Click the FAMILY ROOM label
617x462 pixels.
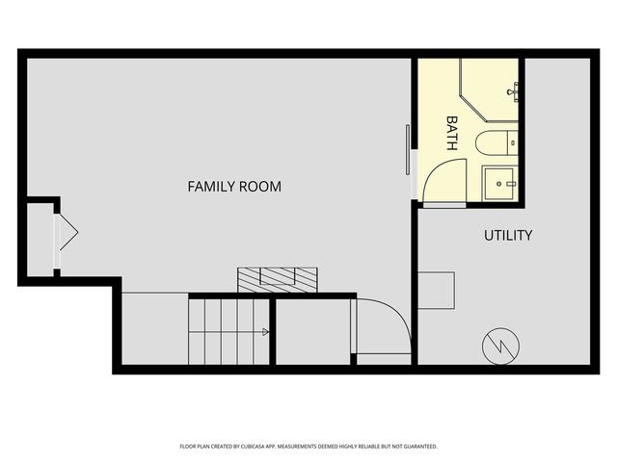pos(234,186)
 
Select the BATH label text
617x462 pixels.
pos(450,133)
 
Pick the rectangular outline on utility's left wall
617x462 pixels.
pos(436,290)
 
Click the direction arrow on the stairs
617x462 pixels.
pos(264,332)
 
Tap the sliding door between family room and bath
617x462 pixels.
pos(408,150)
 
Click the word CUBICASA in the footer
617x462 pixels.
pos(265,447)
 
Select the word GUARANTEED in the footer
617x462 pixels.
pos(416,447)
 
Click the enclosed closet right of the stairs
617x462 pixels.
pos(313,331)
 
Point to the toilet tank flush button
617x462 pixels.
pos(514,143)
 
